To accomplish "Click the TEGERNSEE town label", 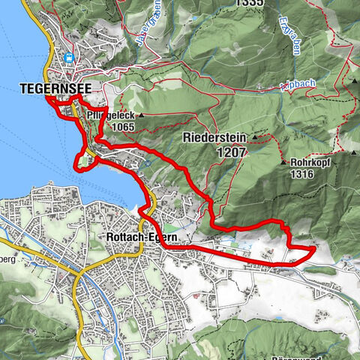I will [45, 88].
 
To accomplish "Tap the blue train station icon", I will [69, 57].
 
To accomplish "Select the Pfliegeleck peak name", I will [109, 115].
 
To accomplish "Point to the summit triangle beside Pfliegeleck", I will [140, 115].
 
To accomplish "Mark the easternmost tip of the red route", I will [313, 247].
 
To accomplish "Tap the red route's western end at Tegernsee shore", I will [46, 98].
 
